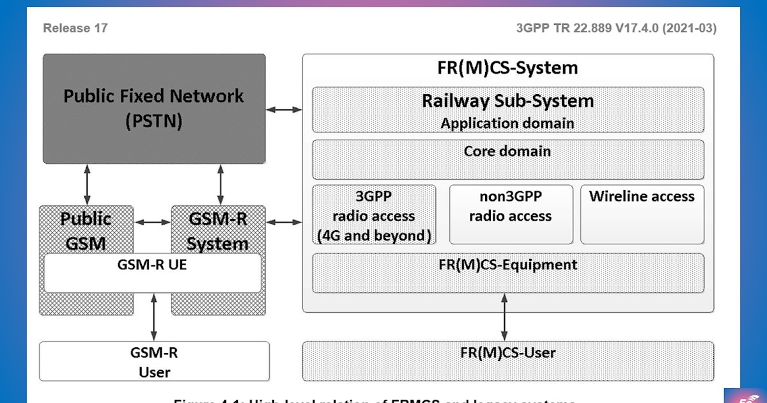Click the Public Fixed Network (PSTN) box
(x=153, y=108)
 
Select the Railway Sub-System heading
(x=507, y=101)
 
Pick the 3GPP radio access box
(x=374, y=215)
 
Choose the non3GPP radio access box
(x=510, y=215)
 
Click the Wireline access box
(x=642, y=215)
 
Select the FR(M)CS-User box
(x=507, y=361)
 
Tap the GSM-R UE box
(x=152, y=273)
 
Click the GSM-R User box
(x=154, y=361)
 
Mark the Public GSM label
(x=86, y=231)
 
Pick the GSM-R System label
(x=218, y=231)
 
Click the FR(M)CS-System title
(x=507, y=68)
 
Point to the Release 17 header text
(x=75, y=28)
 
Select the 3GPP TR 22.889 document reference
(x=616, y=28)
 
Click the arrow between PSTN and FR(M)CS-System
(x=284, y=110)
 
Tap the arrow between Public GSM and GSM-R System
(x=153, y=223)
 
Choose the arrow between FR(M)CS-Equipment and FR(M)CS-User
(x=504, y=317)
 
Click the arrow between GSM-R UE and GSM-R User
(x=153, y=317)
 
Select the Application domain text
(x=507, y=123)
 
